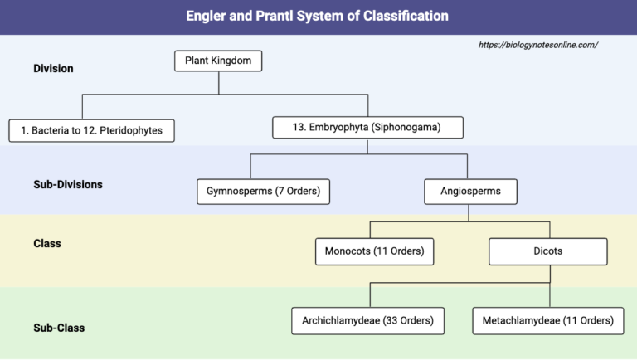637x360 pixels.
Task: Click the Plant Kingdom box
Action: click(x=219, y=61)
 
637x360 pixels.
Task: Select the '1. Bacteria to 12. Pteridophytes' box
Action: click(x=91, y=130)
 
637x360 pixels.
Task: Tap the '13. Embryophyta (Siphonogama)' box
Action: click(x=367, y=127)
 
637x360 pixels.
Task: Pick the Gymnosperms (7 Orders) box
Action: click(x=263, y=192)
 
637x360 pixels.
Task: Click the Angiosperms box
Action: click(x=469, y=192)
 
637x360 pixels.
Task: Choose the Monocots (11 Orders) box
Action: click(x=375, y=251)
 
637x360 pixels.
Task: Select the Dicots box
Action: click(x=547, y=251)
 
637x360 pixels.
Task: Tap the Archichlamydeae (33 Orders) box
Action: click(x=368, y=320)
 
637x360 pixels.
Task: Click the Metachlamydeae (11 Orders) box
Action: click(x=548, y=320)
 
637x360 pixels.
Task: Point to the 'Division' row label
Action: click(x=53, y=68)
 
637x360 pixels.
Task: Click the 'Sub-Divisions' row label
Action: click(x=68, y=184)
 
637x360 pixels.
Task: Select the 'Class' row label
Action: click(x=47, y=244)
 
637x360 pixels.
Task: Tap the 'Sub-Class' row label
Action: click(x=59, y=328)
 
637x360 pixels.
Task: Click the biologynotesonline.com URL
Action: click(x=537, y=45)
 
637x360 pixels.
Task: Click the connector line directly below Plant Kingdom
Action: click(x=219, y=83)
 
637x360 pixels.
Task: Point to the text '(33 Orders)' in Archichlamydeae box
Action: click(x=407, y=320)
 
